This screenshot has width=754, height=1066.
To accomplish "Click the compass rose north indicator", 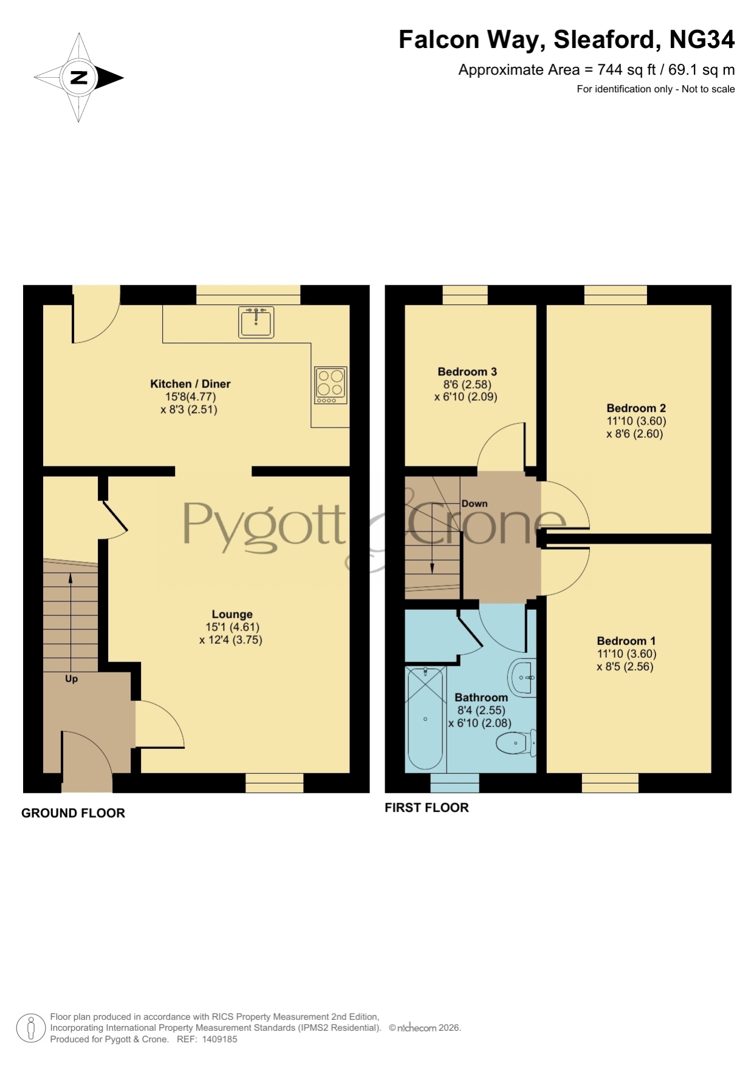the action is coord(79,78).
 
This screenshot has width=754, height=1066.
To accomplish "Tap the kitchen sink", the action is coord(256,322).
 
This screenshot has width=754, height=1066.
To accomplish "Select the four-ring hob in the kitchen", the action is coord(331,385).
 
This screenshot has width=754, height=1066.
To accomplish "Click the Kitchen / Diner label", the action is coord(190,384).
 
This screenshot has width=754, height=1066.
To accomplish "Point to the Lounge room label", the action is coord(232,614).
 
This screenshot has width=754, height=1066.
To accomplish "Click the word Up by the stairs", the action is coord(72,679).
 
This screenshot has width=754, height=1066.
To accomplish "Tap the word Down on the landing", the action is coord(475,504).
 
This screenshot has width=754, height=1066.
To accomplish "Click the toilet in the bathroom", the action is coord(516,742).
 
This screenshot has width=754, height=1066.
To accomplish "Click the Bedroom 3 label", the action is coord(467,372).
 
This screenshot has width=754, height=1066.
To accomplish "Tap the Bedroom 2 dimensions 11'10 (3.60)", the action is coord(636,421).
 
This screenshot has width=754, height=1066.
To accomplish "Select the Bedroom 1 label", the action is coord(626,641).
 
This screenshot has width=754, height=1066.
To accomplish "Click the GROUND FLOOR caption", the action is coord(73,813).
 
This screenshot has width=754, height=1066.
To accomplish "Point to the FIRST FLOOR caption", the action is coord(427,808).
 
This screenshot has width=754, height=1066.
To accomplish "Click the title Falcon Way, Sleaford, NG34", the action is coord(566,39).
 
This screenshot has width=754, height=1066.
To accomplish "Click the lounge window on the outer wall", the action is coord(275,783).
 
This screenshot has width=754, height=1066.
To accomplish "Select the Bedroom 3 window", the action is coord(465,295).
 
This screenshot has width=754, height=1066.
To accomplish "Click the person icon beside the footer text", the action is coord(30,1028).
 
